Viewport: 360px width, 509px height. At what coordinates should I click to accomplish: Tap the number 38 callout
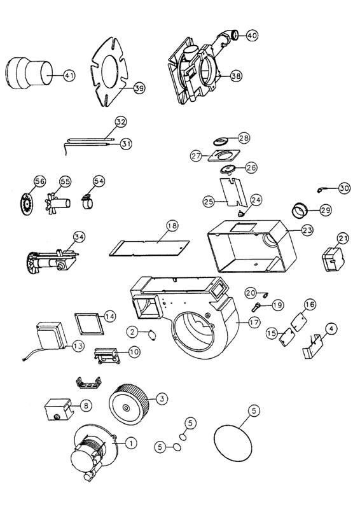[236, 76]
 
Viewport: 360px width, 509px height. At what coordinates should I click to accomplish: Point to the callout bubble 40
[252, 36]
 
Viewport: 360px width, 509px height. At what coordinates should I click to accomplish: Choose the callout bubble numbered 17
[237, 323]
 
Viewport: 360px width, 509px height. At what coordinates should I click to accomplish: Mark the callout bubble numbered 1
[130, 443]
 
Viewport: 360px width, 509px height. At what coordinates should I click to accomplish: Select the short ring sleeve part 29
[301, 209]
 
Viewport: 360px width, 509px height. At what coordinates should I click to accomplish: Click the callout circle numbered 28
[244, 138]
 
